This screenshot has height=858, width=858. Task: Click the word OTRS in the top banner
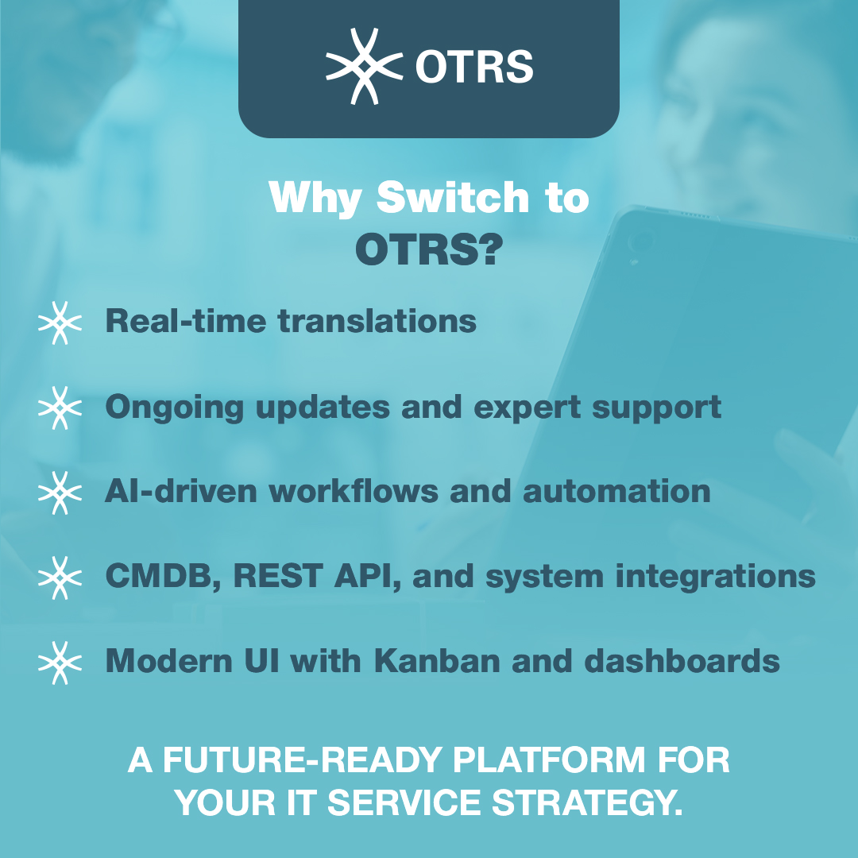coord(474,68)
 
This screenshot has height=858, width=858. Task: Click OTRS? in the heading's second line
coord(429,249)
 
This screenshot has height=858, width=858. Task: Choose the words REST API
coord(316,577)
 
